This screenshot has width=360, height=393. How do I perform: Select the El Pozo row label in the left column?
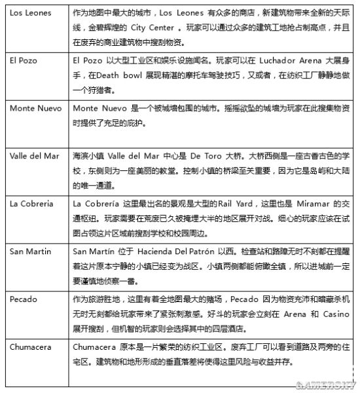[22, 60]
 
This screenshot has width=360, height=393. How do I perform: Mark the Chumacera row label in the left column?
[29, 346]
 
